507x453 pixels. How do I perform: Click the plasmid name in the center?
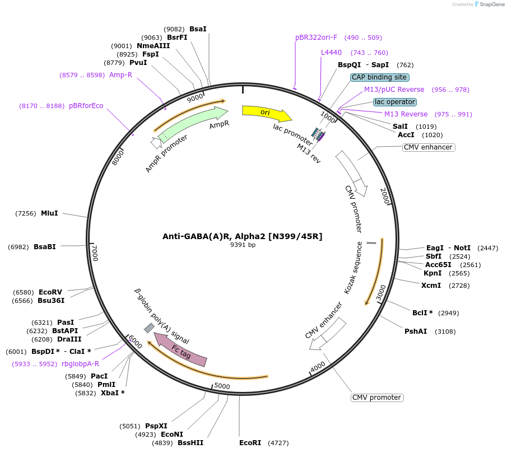pos(243,236)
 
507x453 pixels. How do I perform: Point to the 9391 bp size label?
pos(243,245)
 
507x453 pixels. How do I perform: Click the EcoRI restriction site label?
pos(250,443)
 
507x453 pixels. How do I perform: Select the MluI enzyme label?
pos(49,213)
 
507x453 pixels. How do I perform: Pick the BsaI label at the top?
pos(198,29)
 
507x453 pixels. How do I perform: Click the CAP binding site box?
pos(380,77)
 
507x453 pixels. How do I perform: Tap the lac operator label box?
pos(395,102)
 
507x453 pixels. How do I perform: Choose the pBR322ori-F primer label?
pos(317,38)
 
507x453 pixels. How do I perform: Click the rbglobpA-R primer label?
pos(80,363)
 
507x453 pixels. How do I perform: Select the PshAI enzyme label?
pos(416,331)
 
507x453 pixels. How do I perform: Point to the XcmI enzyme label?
pos(431,286)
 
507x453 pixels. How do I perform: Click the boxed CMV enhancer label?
pos(428,147)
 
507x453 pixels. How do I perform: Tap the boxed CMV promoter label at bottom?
pos(377,398)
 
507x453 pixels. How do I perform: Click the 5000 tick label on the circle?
pos(222,386)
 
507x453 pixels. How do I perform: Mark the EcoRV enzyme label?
pos(50,292)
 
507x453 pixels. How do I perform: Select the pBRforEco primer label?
pos(86,106)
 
